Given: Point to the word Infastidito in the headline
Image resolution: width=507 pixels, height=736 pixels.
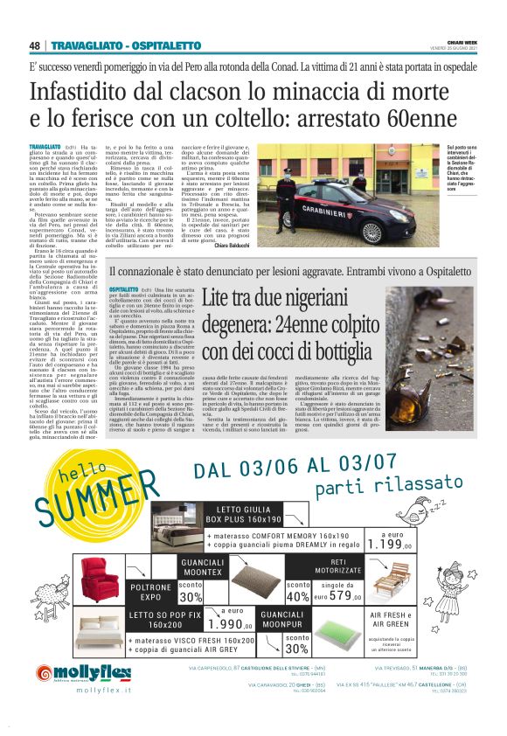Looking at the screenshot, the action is (84, 90).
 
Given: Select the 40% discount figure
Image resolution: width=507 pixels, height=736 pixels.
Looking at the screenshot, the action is (299, 596).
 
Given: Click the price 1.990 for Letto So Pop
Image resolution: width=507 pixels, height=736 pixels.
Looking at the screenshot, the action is (223, 624).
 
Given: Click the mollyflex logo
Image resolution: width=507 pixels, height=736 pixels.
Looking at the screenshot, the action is (84, 673).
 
